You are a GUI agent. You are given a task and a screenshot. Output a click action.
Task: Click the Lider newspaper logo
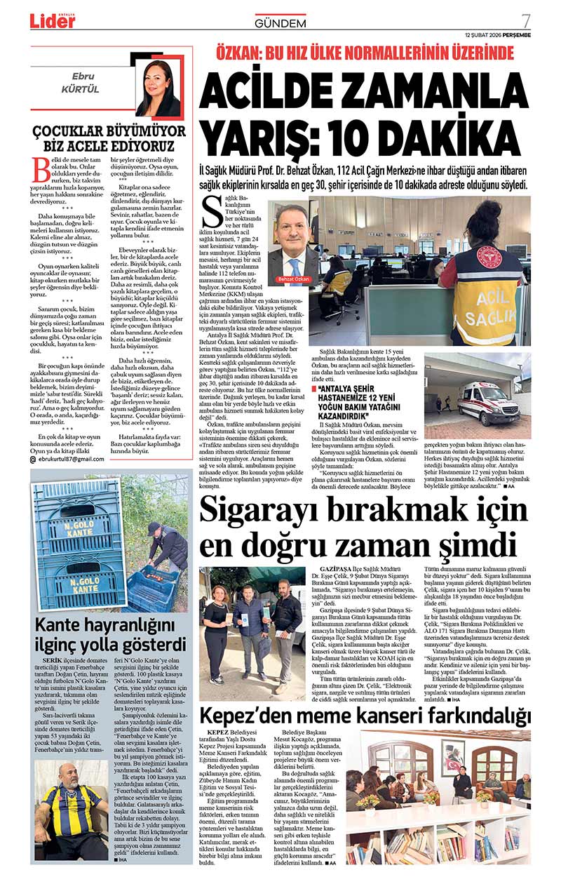point(52,21)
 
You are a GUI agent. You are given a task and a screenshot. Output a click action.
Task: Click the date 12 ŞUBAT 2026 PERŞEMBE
point(497,35)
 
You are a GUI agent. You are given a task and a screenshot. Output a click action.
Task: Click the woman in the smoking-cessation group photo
point(215,621)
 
